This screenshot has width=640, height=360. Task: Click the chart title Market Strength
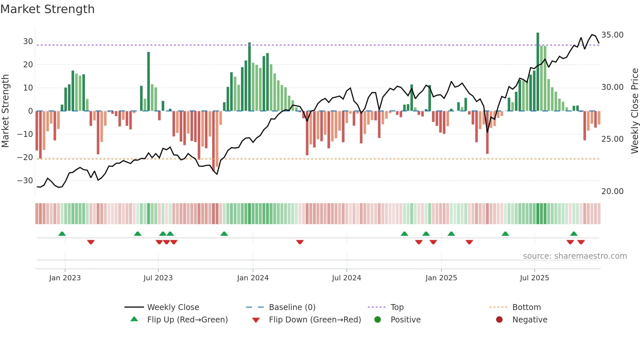click(x=47, y=9)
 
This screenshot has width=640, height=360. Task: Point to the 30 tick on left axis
click(x=28, y=41)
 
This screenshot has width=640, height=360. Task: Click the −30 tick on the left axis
click(x=25, y=180)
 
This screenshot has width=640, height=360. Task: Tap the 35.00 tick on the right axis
click(x=612, y=35)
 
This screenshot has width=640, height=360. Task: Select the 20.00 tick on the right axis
click(x=612, y=191)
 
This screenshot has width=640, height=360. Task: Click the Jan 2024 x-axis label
click(x=253, y=278)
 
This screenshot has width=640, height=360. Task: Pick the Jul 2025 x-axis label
click(x=534, y=278)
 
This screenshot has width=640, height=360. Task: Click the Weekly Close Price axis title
click(x=634, y=111)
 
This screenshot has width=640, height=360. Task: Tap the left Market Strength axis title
click(x=5, y=111)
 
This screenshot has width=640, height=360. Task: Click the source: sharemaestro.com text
click(x=575, y=256)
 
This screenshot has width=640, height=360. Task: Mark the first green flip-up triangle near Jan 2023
click(x=62, y=234)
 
